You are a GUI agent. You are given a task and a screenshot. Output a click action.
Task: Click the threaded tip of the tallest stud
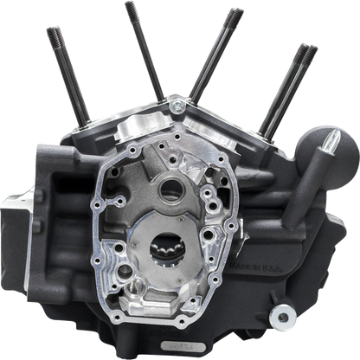(129, 9)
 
